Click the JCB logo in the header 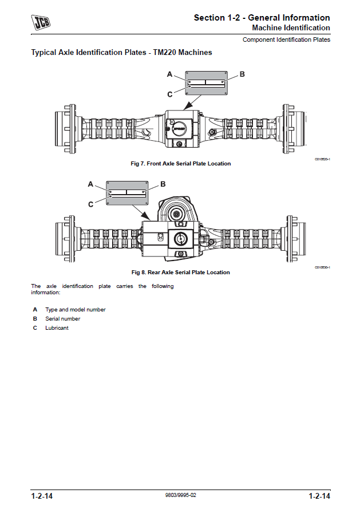pos(41,23)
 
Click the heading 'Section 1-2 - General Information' pos(262,18)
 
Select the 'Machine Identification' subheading pos(291,27)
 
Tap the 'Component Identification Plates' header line pos(286,40)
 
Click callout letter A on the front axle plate pos(169,74)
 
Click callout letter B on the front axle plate pos(242,74)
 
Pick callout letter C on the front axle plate pos(170,94)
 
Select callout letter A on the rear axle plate pos(90,184)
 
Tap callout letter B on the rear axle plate pos(163,184)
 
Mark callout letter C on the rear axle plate pos(90,204)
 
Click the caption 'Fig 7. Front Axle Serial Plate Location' pos(181,164)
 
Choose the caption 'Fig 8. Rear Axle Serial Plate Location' pos(181,273)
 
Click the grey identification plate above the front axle pos(206,83)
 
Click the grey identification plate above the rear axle pos(127,193)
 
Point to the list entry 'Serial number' pos(63,319)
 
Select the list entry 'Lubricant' pos(57,328)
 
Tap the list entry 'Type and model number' pos(76,310)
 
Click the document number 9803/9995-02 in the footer pos(180,495)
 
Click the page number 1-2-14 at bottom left pos(42,496)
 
